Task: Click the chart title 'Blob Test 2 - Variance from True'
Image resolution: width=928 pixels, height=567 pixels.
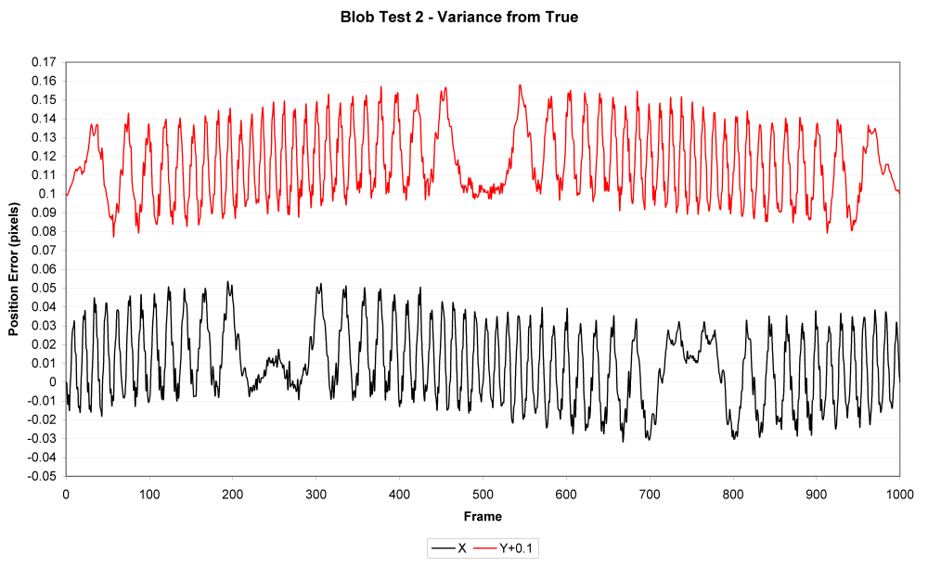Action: click(x=459, y=18)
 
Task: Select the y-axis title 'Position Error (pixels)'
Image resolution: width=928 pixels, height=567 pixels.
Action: click(x=14, y=269)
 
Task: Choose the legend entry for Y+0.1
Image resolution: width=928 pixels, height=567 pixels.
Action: click(x=506, y=548)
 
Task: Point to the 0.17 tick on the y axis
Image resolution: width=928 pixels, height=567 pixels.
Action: click(x=45, y=62)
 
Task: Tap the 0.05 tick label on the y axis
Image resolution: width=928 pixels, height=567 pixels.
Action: click(x=45, y=288)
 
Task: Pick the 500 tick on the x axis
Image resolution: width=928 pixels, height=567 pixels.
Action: click(x=483, y=493)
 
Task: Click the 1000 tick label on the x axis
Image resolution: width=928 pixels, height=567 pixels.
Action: click(x=899, y=493)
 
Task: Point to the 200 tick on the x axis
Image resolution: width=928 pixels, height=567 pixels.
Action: click(x=232, y=493)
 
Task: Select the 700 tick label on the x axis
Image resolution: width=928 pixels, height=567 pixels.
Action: click(x=650, y=493)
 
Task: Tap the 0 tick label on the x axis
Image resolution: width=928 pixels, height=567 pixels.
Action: click(x=66, y=493)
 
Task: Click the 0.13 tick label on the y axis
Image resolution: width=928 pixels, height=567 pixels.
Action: click(x=45, y=137)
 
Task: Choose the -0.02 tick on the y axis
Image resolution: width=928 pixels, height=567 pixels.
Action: click(x=43, y=419)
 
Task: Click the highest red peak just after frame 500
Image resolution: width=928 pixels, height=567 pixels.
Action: click(x=520, y=85)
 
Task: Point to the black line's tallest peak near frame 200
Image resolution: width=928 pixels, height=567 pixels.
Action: click(x=227, y=281)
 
